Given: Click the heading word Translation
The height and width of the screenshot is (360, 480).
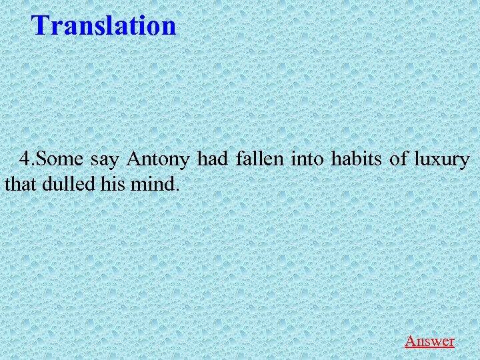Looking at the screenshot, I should click(x=104, y=25).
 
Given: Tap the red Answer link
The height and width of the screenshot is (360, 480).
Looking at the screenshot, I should click(x=429, y=341).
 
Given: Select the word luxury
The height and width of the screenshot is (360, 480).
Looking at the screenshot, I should click(x=441, y=161).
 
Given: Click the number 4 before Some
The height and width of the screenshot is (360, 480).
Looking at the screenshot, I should click(x=25, y=160).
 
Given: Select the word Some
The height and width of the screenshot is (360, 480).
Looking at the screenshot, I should click(x=58, y=160).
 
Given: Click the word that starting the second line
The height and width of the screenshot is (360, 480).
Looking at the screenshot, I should click(x=20, y=183).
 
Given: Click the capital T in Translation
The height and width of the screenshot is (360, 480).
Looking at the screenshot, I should click(x=41, y=25).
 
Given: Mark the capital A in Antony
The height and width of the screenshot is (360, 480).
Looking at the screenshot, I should click(x=133, y=160).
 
